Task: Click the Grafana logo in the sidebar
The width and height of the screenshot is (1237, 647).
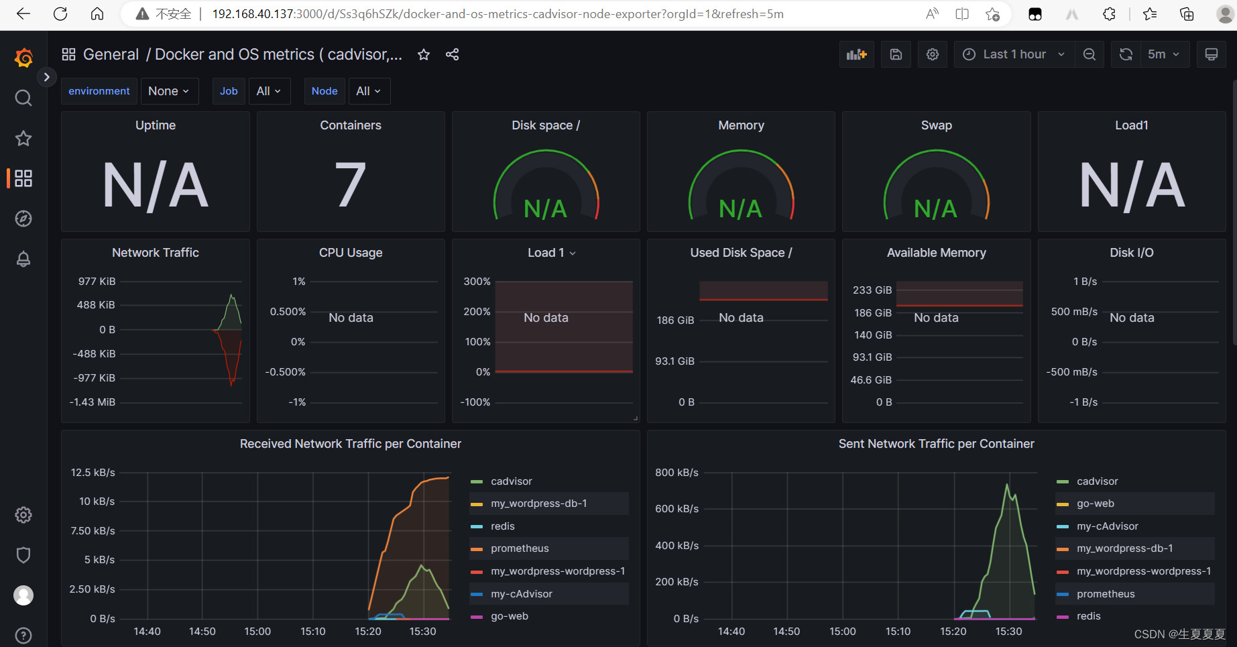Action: (x=23, y=58)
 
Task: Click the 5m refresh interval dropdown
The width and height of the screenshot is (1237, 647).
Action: (x=1163, y=54)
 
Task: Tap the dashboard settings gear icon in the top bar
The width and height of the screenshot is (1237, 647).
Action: (x=933, y=54)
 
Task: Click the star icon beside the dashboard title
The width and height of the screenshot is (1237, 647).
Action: (x=424, y=54)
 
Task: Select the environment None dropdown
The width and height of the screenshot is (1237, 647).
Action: (x=168, y=91)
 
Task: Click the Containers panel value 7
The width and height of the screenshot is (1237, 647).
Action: (x=351, y=185)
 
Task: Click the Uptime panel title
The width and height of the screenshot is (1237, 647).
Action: (x=156, y=125)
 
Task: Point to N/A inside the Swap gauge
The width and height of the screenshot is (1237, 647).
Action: (x=936, y=209)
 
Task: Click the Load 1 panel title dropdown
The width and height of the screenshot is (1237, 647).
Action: (x=551, y=253)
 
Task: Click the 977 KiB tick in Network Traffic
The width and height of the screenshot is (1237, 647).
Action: (x=97, y=282)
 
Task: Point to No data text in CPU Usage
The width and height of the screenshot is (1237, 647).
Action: (x=351, y=318)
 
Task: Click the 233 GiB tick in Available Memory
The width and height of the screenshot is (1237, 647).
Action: (x=872, y=290)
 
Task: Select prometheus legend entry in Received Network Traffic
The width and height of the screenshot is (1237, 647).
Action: (x=520, y=548)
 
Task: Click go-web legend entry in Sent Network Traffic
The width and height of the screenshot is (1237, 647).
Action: (x=1095, y=504)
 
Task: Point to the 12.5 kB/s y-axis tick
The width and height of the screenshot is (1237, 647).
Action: (x=93, y=473)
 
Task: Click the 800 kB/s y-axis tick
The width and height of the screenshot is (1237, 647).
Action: (x=676, y=473)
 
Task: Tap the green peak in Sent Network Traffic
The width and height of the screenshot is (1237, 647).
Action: (x=1007, y=485)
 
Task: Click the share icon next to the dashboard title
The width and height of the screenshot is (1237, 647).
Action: (x=453, y=54)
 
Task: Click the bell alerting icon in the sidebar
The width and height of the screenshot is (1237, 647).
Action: (x=23, y=259)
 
